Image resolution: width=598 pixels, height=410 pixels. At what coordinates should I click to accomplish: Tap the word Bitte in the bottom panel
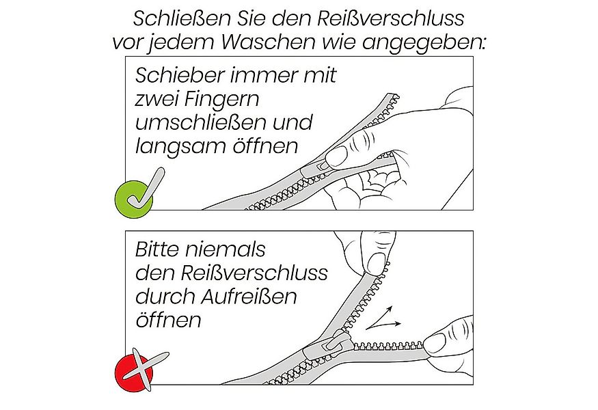159,249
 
